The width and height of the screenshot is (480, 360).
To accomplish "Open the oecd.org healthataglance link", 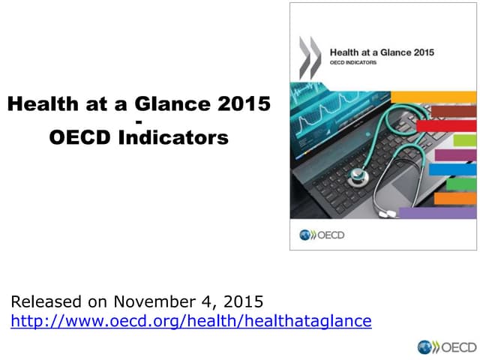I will [191, 321].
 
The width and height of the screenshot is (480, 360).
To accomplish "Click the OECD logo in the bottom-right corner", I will [447, 346].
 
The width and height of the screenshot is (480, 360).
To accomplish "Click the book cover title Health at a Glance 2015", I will [382, 52].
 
